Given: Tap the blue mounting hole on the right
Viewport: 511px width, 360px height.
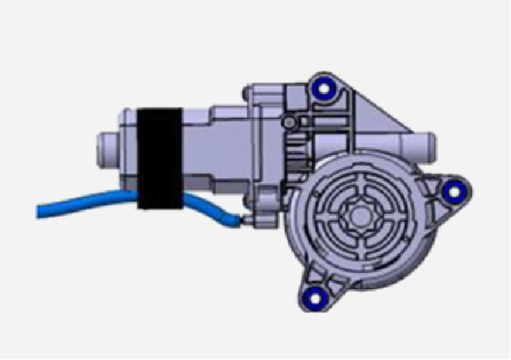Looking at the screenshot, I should [454, 192].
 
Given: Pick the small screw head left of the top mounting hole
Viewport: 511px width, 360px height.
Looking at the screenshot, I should [287, 122].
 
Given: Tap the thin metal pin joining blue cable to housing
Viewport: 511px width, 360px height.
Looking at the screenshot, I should [242, 221].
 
